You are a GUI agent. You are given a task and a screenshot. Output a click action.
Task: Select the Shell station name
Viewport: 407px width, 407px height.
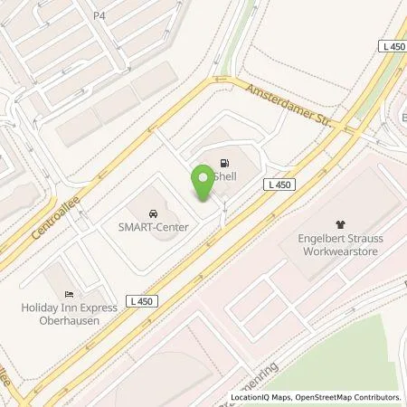(223, 179)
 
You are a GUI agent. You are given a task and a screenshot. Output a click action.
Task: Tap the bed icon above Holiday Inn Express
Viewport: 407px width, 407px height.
(69, 294)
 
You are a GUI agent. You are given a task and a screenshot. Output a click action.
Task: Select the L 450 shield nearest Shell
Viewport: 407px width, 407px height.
(279, 185)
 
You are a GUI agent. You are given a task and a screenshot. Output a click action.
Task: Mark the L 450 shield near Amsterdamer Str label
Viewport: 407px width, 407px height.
(392, 46)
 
